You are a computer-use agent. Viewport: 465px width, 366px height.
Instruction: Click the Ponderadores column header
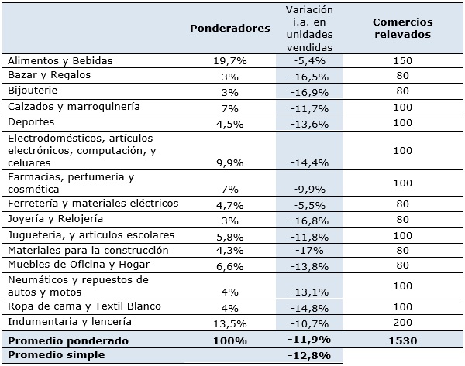230,27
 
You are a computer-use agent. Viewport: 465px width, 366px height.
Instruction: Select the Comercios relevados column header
402,27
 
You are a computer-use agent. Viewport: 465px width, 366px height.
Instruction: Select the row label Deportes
29,122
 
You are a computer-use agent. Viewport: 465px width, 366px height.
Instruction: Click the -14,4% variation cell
308,163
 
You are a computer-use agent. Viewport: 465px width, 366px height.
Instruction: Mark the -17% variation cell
308,251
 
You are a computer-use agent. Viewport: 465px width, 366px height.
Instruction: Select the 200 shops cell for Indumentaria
402,322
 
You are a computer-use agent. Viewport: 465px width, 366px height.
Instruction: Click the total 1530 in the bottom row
402,340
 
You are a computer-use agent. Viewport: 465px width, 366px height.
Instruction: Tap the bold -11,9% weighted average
308,340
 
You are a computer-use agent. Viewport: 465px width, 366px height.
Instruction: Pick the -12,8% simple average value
308,356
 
